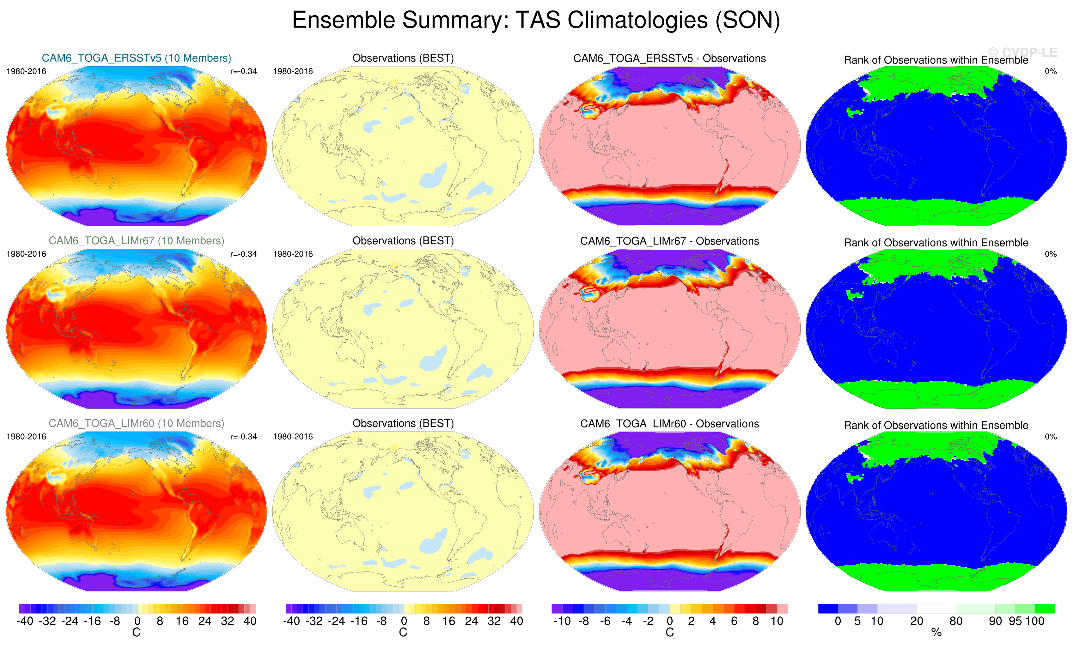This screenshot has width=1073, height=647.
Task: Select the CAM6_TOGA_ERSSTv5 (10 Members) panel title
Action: tap(136, 58)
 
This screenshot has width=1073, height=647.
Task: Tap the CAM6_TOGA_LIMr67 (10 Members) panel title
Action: tap(136, 240)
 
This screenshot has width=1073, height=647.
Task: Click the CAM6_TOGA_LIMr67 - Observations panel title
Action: tap(669, 241)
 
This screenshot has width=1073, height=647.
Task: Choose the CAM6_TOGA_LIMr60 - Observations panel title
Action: tap(669, 423)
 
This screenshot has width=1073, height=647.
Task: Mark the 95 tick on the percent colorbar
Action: tap(1015, 621)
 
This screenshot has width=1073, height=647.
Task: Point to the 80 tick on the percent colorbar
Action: tap(956, 621)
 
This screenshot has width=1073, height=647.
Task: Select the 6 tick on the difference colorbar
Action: tap(734, 621)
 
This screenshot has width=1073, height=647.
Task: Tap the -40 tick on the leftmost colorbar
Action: tap(25, 621)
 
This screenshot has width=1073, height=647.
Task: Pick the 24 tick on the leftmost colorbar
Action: tap(205, 621)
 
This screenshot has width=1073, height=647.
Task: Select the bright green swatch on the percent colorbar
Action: tap(1045, 608)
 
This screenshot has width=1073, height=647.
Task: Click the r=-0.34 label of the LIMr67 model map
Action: tap(243, 254)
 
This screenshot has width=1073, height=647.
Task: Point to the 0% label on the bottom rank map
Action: tap(1050, 436)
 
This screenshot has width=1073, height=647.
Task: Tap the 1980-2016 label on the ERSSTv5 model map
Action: tap(26, 71)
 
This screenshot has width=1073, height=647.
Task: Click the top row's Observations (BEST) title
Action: tap(403, 58)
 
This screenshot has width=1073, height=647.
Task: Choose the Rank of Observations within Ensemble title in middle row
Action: tap(936, 243)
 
